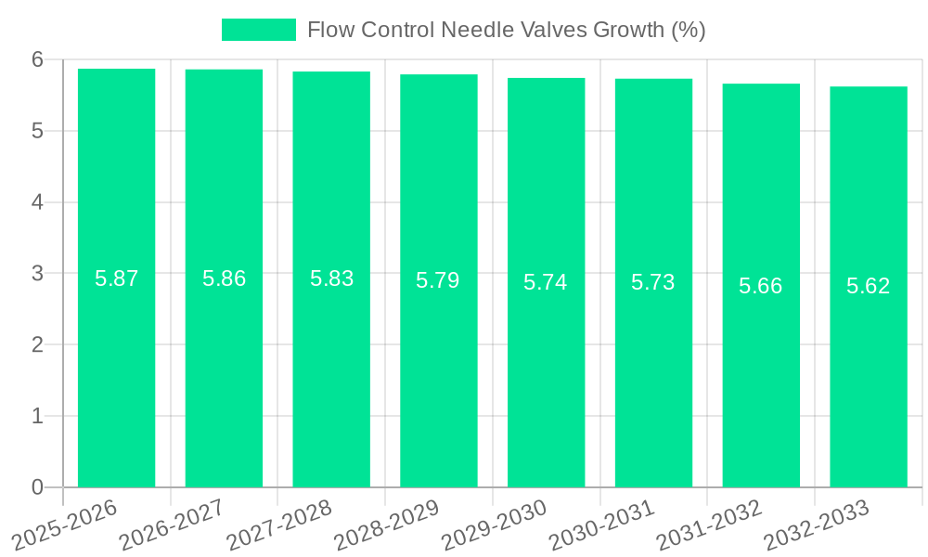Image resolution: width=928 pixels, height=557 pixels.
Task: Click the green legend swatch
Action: point(259,30)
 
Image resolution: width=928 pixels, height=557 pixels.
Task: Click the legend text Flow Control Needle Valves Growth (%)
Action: point(506,30)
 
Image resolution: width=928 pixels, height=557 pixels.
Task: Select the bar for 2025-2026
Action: point(116,278)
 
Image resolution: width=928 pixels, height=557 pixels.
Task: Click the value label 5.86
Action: point(224,278)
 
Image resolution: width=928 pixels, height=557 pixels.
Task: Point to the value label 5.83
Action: point(331,278)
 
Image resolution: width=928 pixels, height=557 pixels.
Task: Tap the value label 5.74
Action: point(546,282)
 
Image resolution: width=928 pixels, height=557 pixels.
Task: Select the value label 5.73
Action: point(653,282)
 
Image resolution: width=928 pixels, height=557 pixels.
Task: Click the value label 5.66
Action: point(761,286)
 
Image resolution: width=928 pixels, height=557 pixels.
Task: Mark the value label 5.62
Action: point(869,286)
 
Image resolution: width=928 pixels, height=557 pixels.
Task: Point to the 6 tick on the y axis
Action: point(38,59)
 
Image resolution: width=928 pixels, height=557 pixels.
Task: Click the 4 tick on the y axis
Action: point(38,202)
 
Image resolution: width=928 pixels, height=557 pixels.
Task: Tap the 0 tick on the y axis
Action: point(38,487)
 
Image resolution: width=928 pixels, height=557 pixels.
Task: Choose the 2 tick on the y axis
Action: point(38,344)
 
